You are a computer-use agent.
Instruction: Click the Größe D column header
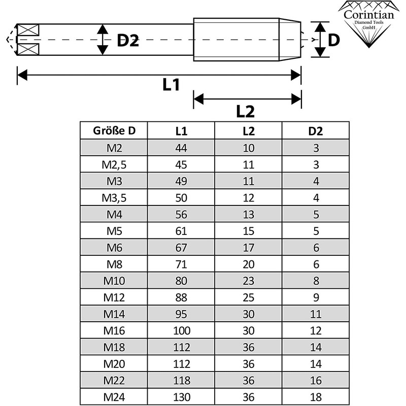click(x=114, y=131)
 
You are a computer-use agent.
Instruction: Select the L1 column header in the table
click(x=181, y=131)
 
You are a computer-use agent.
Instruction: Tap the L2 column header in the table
click(x=248, y=131)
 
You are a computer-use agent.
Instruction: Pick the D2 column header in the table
click(x=316, y=131)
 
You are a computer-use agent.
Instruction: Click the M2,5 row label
click(x=114, y=164)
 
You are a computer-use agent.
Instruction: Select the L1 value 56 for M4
click(x=181, y=214)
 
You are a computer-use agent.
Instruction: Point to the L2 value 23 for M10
click(x=248, y=281)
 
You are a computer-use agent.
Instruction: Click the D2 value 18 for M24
click(x=316, y=396)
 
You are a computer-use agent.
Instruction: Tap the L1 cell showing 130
click(x=181, y=396)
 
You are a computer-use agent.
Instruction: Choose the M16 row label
click(x=114, y=330)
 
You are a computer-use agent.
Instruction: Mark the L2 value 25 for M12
click(x=248, y=297)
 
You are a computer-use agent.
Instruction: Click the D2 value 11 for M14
click(x=316, y=314)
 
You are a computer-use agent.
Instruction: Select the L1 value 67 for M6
click(x=181, y=248)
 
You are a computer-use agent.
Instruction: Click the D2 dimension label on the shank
click(x=128, y=40)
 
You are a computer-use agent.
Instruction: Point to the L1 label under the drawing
click(x=172, y=85)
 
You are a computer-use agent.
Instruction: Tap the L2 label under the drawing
click(x=246, y=110)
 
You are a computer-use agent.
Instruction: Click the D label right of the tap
click(x=333, y=40)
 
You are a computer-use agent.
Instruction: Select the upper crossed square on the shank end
click(x=28, y=30)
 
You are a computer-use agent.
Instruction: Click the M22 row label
click(x=114, y=380)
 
